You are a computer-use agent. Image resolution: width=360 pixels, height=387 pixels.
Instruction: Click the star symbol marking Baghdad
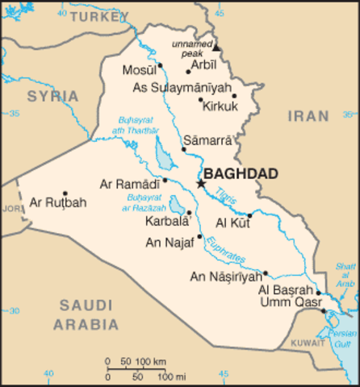tap(201, 184)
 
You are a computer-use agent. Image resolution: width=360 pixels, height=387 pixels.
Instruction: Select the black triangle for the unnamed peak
tap(216, 48)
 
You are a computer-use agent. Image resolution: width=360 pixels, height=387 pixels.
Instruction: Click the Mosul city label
tap(140, 70)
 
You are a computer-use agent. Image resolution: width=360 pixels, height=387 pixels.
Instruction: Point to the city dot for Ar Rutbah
tap(65, 193)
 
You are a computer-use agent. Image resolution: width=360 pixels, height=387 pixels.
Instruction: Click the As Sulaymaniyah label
tap(182, 87)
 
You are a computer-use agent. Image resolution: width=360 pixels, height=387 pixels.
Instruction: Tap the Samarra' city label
tap(208, 139)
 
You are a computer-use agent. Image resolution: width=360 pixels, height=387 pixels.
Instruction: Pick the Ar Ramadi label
tap(129, 184)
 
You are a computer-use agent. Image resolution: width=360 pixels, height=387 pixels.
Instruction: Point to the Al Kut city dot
tap(249, 215)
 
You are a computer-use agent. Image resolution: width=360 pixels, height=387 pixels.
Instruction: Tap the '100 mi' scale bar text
tap(170, 377)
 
